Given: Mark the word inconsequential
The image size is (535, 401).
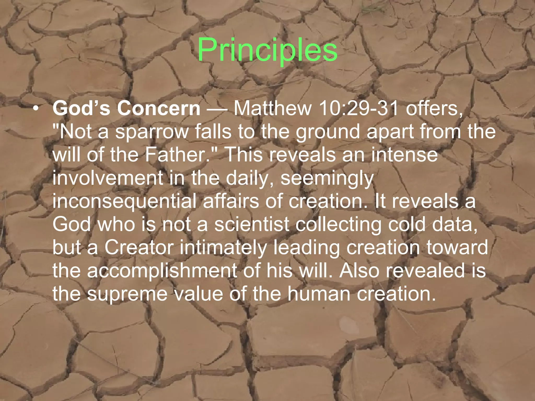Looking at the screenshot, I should point(124,201).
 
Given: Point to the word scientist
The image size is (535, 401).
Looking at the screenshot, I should point(252,224).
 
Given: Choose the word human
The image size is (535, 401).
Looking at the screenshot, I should point(319,294).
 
